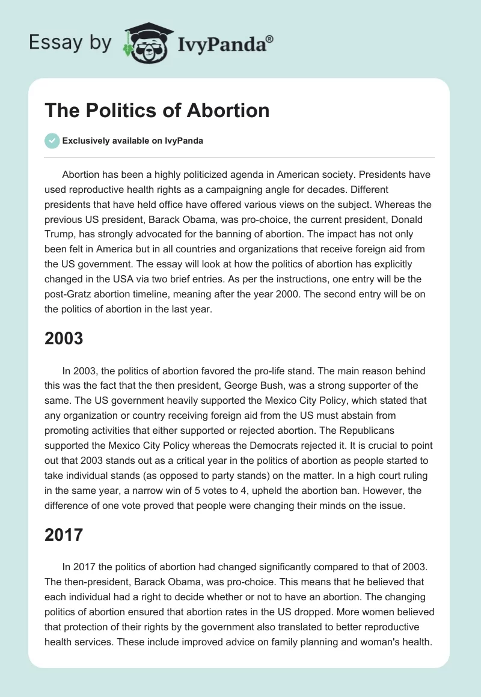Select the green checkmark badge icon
coord(52,141)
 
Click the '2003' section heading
coord(64,338)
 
